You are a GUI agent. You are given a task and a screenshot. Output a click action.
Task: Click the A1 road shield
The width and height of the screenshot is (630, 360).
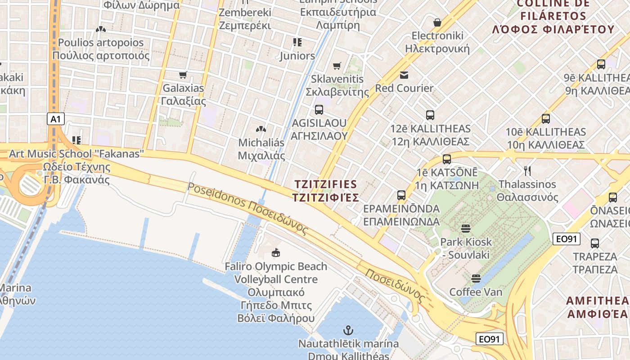(56, 119)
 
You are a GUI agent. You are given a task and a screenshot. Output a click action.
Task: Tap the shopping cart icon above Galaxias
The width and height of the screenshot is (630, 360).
(183, 75)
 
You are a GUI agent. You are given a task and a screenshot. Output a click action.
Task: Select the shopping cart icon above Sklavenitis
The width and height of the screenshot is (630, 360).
(337, 66)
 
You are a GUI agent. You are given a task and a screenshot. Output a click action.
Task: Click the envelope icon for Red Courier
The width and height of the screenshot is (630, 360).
(404, 75)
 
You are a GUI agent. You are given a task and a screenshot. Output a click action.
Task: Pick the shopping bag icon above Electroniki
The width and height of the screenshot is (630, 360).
(437, 22)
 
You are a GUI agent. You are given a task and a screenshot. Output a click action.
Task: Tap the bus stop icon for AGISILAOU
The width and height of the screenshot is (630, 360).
(319, 110)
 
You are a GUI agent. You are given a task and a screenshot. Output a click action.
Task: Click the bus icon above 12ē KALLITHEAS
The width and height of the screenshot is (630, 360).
(430, 115)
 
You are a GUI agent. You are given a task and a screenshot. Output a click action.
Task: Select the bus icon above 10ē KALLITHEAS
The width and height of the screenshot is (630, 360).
(546, 119)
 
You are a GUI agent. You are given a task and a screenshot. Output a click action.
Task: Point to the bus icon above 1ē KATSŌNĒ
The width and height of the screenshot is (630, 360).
(446, 159)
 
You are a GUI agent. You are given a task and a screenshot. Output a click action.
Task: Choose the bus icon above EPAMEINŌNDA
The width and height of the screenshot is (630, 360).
(401, 195)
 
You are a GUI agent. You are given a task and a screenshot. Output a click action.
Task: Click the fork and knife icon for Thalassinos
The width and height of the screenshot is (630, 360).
(527, 171)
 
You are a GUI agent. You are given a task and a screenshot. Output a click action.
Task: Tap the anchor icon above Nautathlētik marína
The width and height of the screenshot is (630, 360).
(348, 330)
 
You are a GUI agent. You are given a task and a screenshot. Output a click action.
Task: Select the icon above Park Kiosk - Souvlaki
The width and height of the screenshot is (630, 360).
(466, 229)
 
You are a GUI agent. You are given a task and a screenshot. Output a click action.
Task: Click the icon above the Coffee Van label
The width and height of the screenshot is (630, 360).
(476, 279)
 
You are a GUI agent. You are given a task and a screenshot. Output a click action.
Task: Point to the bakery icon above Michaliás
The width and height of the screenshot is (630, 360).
(261, 130)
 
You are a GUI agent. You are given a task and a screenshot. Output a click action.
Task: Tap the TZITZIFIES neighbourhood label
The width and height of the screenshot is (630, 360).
(325, 191)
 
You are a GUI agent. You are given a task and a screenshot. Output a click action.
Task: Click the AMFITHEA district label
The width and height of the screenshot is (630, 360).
(598, 307)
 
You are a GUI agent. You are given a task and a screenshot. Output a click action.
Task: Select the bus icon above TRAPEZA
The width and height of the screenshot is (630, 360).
(594, 243)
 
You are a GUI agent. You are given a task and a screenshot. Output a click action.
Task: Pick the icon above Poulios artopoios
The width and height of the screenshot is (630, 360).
(101, 30)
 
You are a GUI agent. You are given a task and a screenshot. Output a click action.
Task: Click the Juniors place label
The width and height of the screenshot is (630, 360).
(297, 56)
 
